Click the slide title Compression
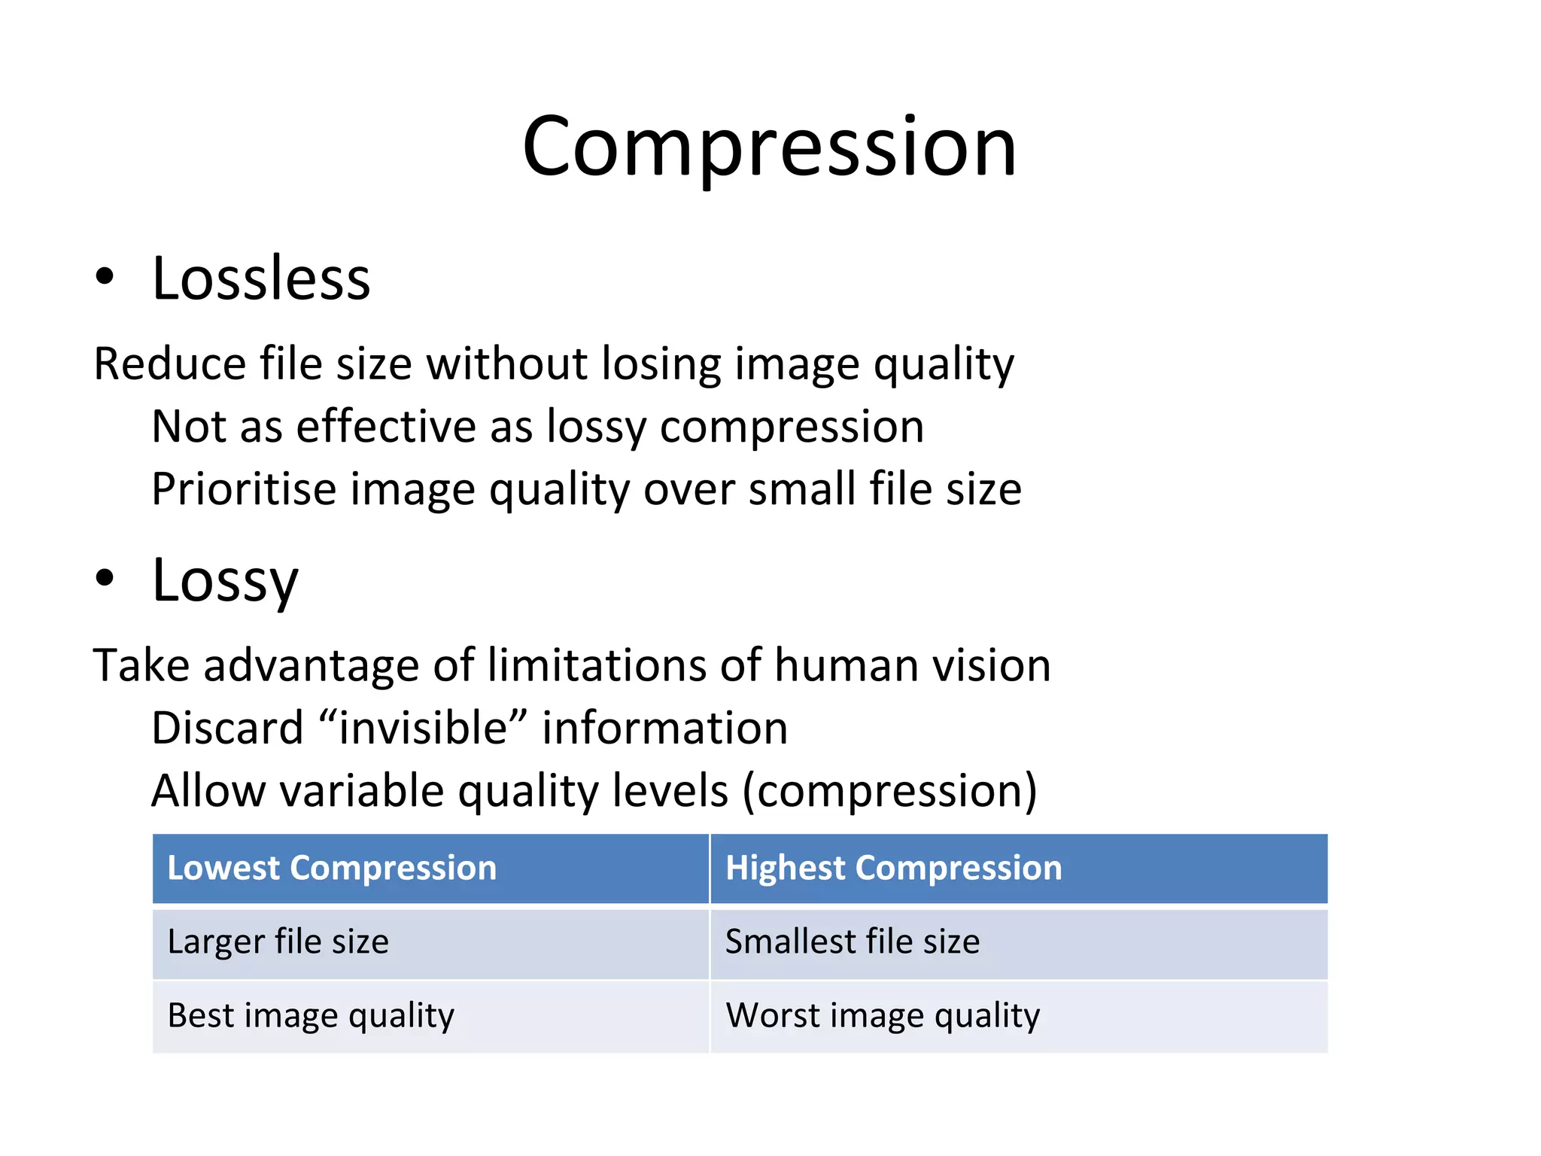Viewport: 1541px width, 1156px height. [769, 147]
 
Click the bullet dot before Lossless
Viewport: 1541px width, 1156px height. [105, 276]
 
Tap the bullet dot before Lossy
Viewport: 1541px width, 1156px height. [105, 578]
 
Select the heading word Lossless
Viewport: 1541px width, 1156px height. [261, 278]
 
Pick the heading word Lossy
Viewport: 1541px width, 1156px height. [225, 580]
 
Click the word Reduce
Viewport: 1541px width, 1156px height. [169, 364]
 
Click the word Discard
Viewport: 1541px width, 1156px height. [227, 729]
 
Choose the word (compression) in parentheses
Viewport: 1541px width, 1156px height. [889, 791]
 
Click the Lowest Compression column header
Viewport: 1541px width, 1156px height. [332, 868]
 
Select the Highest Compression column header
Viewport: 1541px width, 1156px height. [893, 868]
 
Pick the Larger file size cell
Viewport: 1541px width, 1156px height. [278, 942]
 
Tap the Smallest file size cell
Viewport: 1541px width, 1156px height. [852, 942]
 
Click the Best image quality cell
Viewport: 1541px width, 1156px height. [311, 1016]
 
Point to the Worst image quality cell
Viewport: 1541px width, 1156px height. [882, 1016]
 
